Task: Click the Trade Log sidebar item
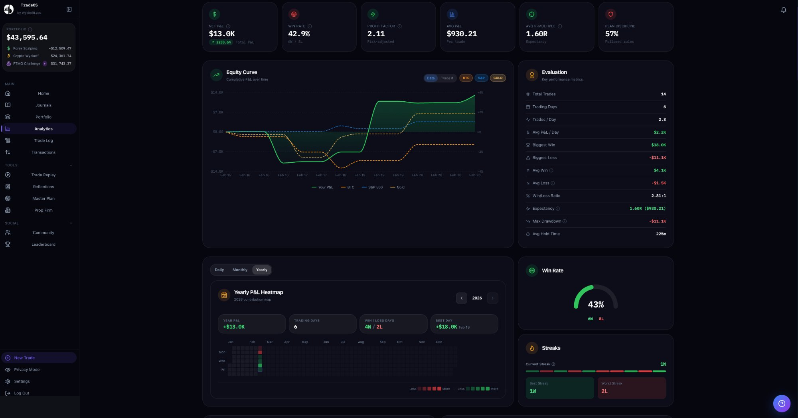pos(43,140)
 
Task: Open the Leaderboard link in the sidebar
pos(43,244)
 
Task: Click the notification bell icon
pos(783,10)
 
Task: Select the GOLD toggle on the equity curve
pos(498,78)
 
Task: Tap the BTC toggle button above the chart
pos(466,78)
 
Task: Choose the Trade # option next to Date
pos(446,78)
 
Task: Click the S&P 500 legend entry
pos(372,187)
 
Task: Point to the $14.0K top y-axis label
pos(217,93)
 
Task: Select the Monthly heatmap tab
pos(240,270)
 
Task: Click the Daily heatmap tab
pos(219,270)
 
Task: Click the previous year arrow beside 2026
pos(461,298)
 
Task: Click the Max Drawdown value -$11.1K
pos(657,221)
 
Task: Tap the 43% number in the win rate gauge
pos(595,304)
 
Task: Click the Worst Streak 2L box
pos(631,388)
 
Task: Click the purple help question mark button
pos(781,403)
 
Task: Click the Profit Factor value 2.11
pos(376,34)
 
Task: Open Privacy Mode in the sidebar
pos(27,369)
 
